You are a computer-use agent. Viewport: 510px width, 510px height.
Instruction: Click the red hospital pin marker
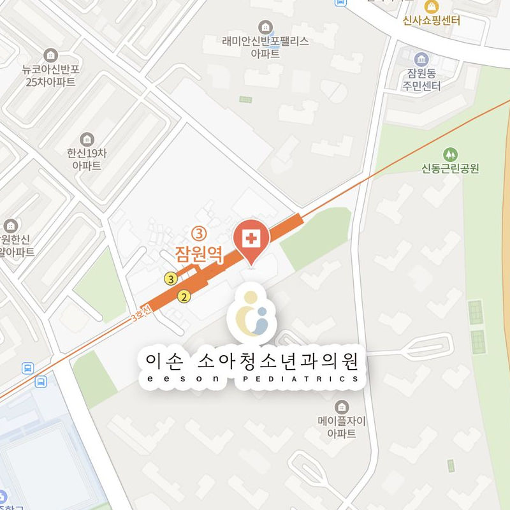click(x=252, y=240)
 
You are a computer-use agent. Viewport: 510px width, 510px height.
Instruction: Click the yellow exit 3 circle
click(x=170, y=279)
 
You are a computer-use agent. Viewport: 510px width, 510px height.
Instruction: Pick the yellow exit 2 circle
click(x=184, y=296)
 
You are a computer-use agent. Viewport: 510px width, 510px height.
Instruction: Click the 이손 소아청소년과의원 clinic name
click(x=252, y=361)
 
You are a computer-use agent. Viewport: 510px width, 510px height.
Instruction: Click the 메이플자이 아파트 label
click(x=342, y=427)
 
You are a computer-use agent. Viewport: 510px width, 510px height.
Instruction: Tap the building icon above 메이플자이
click(x=342, y=406)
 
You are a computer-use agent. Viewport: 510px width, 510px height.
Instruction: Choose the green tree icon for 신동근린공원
click(x=450, y=154)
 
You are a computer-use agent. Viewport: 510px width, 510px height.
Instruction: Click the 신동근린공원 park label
click(x=450, y=169)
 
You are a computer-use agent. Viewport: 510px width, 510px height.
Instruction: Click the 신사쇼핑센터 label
click(x=432, y=20)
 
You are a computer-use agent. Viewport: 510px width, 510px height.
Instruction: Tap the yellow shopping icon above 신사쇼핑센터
click(x=432, y=6)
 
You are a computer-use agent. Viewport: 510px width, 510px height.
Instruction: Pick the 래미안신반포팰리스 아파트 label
click(x=265, y=48)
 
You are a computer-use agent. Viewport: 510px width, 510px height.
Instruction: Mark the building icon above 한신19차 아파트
click(x=87, y=139)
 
